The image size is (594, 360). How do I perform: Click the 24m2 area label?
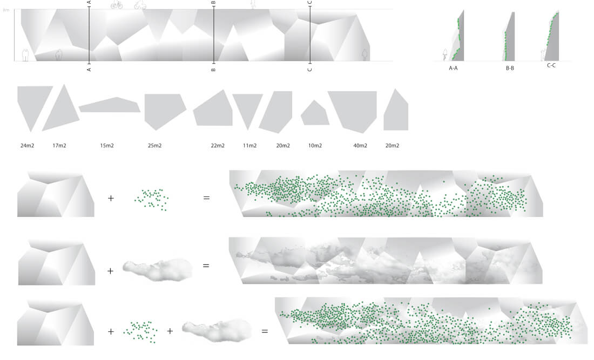coord(28,145)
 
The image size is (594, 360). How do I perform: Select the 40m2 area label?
coord(360,145)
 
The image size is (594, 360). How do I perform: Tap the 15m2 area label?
coord(107,145)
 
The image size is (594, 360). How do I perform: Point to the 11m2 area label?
coord(249,145)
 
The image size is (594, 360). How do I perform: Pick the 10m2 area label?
coord(315,145)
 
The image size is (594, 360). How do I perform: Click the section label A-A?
coord(453,68)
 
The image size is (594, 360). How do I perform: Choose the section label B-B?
coord(510,68)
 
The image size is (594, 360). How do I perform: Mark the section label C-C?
coord(551,65)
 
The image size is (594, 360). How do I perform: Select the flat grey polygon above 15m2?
coord(110,105)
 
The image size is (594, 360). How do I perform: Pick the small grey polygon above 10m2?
coord(315,113)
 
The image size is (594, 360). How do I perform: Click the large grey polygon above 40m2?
coord(353,110)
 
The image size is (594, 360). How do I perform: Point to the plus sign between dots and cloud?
coord(170,331)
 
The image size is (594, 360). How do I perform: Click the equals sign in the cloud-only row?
coord(206,266)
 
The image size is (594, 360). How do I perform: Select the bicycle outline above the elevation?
coord(117,4)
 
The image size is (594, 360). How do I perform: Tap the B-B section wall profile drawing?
coord(509,36)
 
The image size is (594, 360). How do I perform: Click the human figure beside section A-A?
coord(445,55)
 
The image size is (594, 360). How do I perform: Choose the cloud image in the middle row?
coord(157,269)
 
